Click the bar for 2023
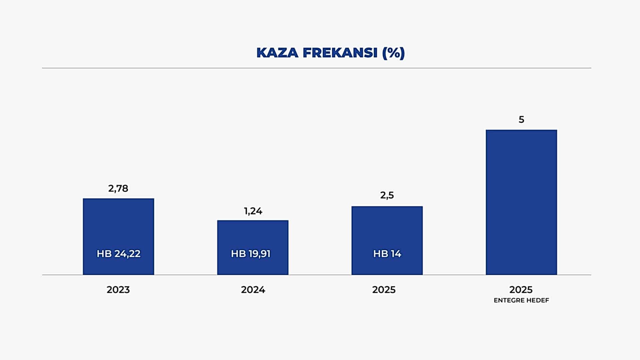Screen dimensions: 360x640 tap(118, 227)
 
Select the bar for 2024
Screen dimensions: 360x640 tap(253, 237)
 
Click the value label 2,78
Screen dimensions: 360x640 tap(118, 189)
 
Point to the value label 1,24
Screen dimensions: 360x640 tap(253, 211)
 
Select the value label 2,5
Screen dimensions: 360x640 tap(387, 195)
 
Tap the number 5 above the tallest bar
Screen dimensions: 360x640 tap(521, 120)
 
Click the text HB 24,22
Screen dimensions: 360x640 tap(119, 254)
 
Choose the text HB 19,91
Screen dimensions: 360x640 tap(251, 254)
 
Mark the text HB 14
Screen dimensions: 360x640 tap(387, 254)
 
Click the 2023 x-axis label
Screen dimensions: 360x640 tap(118, 290)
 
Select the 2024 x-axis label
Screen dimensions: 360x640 tap(253, 290)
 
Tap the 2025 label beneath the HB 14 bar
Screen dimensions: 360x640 tap(384, 290)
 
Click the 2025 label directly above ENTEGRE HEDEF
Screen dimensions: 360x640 tap(521, 290)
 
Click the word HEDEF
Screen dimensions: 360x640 tap(538, 300)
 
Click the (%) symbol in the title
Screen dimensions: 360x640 tap(393, 53)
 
